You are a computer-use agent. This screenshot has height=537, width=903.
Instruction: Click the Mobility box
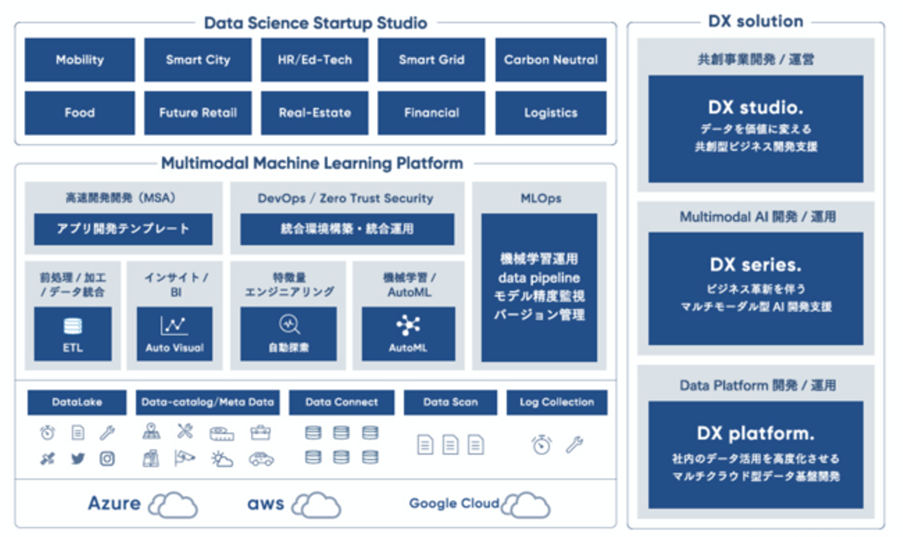(x=80, y=60)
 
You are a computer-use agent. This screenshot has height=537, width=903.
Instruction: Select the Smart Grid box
(x=431, y=60)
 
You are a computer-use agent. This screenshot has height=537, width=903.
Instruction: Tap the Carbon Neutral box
(x=551, y=60)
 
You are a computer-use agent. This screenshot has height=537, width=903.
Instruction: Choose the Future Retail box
(x=198, y=113)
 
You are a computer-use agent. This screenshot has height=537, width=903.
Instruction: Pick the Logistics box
(x=551, y=113)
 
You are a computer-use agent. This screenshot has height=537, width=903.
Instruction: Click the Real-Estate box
(x=315, y=113)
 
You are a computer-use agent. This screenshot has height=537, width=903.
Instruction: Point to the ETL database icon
(x=73, y=326)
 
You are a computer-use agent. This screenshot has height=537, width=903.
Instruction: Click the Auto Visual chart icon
(x=174, y=325)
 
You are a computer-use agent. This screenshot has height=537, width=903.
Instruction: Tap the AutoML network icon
(x=408, y=325)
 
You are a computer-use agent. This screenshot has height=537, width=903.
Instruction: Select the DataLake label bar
(x=77, y=402)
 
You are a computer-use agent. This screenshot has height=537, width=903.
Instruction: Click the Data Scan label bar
(x=450, y=402)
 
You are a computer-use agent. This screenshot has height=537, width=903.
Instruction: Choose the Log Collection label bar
(x=557, y=402)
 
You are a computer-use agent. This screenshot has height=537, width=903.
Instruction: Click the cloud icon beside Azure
(x=173, y=505)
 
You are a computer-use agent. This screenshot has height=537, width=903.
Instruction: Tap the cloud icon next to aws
(x=317, y=505)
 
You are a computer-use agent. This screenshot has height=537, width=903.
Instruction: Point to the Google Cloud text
(x=453, y=503)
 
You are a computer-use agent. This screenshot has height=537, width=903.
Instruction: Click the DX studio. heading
(x=756, y=108)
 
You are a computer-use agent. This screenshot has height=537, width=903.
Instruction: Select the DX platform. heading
(x=756, y=434)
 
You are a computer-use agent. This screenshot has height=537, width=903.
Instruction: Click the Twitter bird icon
(x=78, y=459)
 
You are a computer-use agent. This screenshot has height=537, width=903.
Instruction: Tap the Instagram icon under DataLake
(x=107, y=459)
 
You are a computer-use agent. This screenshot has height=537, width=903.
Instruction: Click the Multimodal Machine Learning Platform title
(x=312, y=164)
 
